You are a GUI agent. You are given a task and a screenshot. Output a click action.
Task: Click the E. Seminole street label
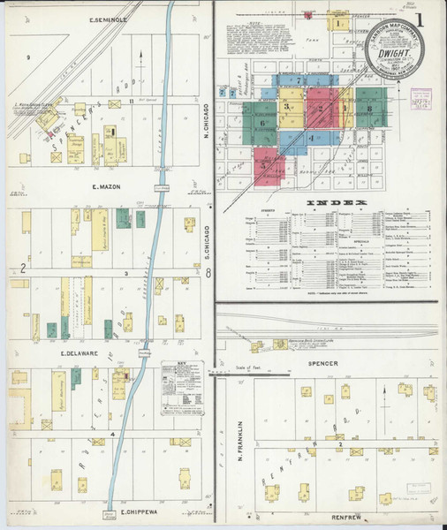[x=110, y=19]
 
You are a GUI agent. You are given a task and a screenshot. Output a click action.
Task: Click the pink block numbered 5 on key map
[x=266, y=164]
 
